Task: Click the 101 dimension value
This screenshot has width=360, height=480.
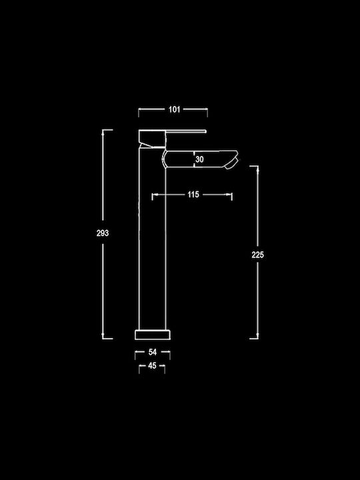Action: [174, 109]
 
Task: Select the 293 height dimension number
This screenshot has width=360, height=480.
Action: [103, 233]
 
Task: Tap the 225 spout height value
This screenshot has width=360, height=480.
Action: [257, 255]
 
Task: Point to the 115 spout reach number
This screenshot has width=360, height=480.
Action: [193, 195]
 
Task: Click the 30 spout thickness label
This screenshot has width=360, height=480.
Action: [199, 159]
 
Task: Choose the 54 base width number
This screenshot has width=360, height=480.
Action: [153, 352]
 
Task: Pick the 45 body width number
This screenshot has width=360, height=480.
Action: [152, 365]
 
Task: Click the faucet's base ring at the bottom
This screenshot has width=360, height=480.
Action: [153, 335]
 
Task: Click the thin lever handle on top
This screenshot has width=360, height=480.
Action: [186, 131]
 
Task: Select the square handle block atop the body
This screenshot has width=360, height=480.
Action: [152, 139]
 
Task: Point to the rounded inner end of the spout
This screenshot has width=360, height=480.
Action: [164, 159]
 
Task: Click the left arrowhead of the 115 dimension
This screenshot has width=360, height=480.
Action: [155, 195]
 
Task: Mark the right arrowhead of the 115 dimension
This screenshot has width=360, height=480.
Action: [229, 195]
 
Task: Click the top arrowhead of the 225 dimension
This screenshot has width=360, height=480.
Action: [257, 169]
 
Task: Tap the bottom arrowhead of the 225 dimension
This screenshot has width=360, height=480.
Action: [257, 335]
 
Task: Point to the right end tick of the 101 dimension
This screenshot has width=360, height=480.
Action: [207, 113]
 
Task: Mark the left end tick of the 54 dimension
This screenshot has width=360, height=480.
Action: [135, 355]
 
